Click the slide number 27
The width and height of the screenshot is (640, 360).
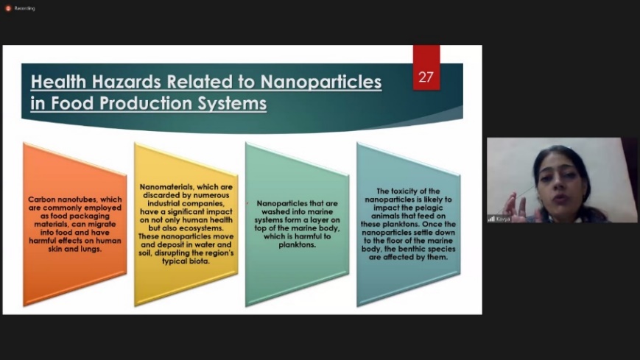coord(426,77)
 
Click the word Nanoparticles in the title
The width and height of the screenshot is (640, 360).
coord(321,82)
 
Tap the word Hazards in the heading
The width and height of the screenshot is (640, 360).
coord(127,82)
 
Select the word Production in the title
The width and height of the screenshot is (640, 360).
coord(146,103)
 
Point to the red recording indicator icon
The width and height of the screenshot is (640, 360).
coord(8,8)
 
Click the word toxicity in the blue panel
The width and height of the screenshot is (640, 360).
coord(404,191)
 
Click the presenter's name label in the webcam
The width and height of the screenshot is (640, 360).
coord(502,219)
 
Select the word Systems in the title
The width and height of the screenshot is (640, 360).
coord(232,103)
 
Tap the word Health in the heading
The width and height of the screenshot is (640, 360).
coord(58,82)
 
